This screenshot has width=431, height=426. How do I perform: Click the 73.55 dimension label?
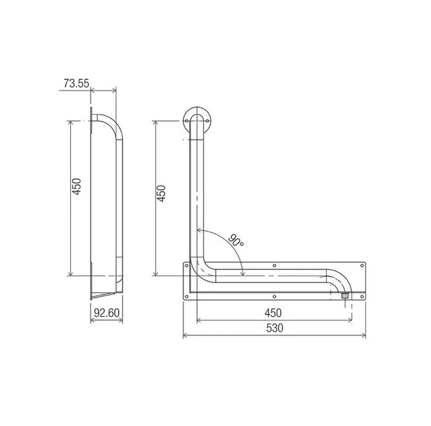click(x=76, y=83)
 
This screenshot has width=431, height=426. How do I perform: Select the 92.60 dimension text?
click(x=107, y=313)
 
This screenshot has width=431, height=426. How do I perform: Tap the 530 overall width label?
click(x=275, y=328)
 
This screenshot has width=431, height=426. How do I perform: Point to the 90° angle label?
click(x=236, y=240)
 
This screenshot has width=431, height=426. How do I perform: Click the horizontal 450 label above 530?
click(x=273, y=313)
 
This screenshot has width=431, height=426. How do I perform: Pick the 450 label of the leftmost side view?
click(x=77, y=187)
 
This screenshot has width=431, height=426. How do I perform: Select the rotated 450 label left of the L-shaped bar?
click(x=161, y=194)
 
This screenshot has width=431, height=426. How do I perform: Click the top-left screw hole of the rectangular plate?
click(x=187, y=266)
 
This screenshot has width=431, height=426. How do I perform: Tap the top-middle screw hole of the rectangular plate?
click(x=275, y=266)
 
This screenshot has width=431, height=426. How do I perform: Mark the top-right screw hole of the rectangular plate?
click(x=362, y=266)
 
